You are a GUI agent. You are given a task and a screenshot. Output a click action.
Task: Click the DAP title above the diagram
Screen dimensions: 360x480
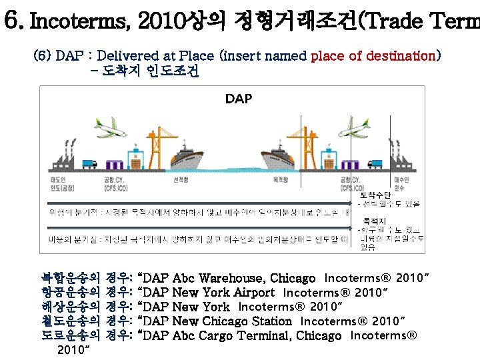pos(238,99)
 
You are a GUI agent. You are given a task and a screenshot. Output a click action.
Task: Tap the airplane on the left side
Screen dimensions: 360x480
pos(110,131)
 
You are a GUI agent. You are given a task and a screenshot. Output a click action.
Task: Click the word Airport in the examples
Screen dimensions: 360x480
pos(254,293)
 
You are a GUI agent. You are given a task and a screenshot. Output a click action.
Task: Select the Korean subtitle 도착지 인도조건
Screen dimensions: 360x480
pos(149,71)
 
